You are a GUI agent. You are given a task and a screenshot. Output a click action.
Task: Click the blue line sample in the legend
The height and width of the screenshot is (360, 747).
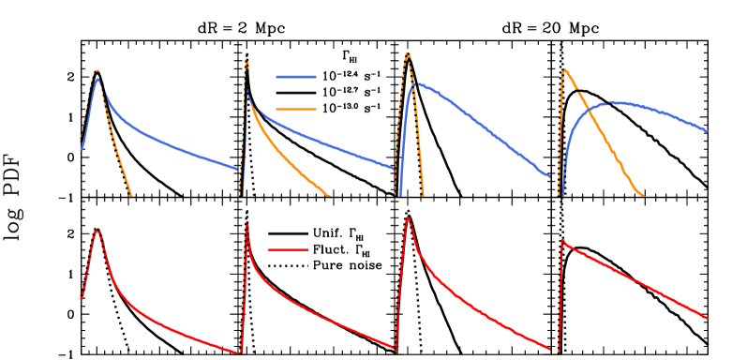tap(296, 77)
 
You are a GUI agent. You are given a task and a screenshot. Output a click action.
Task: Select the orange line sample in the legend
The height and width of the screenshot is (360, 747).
tap(296, 110)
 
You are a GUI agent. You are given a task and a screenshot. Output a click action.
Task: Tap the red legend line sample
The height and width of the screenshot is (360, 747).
tap(289, 249)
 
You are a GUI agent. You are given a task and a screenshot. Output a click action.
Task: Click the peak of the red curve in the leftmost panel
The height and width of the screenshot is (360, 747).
tap(97, 231)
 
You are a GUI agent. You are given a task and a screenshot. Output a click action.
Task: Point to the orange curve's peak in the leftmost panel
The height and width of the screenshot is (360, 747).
tap(97, 70)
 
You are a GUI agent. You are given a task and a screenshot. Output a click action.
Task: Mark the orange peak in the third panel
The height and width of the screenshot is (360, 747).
tap(407, 53)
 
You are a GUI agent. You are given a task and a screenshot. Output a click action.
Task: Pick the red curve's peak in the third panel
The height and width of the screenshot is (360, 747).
tap(407, 218)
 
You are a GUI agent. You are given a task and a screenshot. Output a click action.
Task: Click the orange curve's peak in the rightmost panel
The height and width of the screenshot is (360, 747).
tap(563, 68)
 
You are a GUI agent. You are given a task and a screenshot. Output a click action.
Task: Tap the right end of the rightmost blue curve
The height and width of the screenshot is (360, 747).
tap(708, 131)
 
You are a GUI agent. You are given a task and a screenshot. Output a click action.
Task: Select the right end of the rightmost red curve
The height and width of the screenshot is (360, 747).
tap(708, 318)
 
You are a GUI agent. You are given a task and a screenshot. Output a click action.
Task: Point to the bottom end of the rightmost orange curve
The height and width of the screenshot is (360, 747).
tap(643, 195)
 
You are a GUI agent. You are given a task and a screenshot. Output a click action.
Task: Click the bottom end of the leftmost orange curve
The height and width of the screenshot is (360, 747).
tap(131, 195)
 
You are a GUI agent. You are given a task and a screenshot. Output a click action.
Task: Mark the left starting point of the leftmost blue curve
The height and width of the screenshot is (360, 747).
tap(82, 149)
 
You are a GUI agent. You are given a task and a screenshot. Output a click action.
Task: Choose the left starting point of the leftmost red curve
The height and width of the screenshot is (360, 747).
tap(82, 298)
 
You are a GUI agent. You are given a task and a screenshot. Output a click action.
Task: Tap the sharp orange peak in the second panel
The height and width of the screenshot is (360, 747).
tap(247, 60)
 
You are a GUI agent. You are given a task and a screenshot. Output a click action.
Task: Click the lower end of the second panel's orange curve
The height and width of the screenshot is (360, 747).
tap(330, 196)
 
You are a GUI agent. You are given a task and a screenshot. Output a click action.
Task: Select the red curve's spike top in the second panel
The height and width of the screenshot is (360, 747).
tap(247, 222)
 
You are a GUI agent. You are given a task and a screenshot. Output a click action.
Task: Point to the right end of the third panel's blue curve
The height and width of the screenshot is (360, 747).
tap(550, 176)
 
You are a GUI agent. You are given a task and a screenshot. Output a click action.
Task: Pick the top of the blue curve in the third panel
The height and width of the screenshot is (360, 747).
tap(414, 83)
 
